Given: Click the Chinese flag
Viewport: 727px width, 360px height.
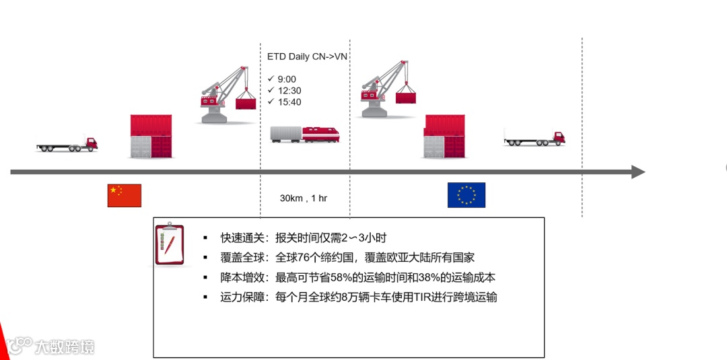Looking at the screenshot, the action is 125,195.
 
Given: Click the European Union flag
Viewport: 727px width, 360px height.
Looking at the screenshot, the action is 466,195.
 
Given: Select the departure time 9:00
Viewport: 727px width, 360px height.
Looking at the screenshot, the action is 286,79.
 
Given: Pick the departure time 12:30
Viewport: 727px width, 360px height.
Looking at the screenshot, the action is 289,91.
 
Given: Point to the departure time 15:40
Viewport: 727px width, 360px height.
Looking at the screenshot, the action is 289,102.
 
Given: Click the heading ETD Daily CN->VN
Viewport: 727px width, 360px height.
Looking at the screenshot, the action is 307,57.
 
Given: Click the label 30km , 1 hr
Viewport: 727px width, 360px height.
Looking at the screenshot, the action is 304,199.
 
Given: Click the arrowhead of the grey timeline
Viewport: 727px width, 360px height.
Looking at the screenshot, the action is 637,172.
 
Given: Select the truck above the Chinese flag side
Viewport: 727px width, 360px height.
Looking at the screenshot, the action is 67,143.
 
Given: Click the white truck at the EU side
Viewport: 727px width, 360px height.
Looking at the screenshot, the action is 534,138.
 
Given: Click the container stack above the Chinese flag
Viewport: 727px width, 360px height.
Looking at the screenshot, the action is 151,137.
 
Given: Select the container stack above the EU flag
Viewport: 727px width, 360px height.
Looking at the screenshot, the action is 444,137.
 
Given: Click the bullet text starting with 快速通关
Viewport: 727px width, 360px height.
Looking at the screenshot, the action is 303,238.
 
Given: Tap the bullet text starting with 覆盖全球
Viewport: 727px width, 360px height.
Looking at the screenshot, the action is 347,258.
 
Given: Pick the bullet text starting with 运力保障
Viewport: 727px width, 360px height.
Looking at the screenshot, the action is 358,297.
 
